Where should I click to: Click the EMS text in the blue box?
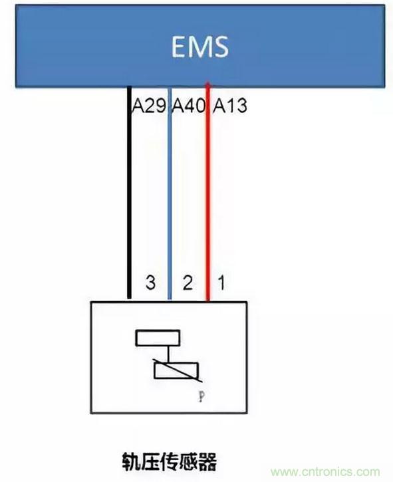pyautogui.click(x=200, y=47)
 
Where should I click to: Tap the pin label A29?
pyautogui.click(x=149, y=106)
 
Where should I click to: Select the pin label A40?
pyautogui.click(x=188, y=106)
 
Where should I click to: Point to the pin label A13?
pyautogui.click(x=230, y=106)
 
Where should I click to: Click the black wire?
pyautogui.click(x=130, y=193)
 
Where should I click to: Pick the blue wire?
pyautogui.click(x=169, y=193)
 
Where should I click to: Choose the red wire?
pyautogui.click(x=208, y=192)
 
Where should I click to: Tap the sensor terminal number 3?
pyautogui.click(x=150, y=283)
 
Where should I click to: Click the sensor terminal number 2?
pyautogui.click(x=188, y=283)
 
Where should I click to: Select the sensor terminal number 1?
pyautogui.click(x=221, y=283)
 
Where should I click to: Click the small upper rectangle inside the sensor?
pyautogui.click(x=158, y=338)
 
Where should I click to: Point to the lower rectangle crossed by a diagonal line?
pyautogui.click(x=176, y=370)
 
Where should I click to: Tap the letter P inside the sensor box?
pyautogui.click(x=201, y=396)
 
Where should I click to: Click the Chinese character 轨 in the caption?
pyautogui.click(x=132, y=461)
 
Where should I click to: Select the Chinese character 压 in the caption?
pyautogui.click(x=151, y=461)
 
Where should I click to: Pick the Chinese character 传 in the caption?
pyautogui.click(x=170, y=461)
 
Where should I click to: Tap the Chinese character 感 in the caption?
pyautogui.click(x=188, y=461)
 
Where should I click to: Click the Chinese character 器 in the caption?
pyautogui.click(x=207, y=461)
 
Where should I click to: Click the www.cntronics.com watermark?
pyautogui.click(x=325, y=471)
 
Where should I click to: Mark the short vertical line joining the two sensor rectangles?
pyautogui.click(x=168, y=354)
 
